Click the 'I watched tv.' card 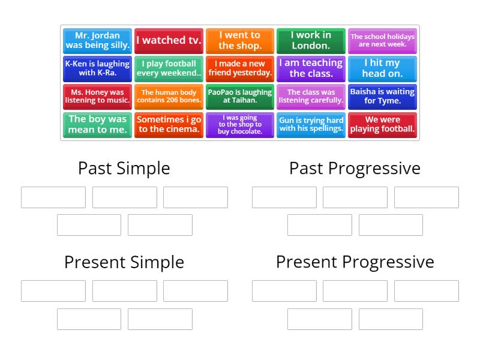(169, 41)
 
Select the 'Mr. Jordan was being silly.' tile (97, 41)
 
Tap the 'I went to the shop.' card (239, 41)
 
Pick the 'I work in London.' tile (311, 41)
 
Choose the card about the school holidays (382, 41)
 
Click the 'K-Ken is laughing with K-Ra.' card (97, 68)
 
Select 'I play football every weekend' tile (169, 68)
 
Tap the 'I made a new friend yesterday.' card (239, 68)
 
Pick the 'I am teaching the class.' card (311, 68)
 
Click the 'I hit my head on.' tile (382, 68)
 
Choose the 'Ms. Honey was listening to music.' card (97, 97)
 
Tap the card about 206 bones (169, 97)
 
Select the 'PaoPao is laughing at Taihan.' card (239, 97)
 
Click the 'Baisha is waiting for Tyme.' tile (382, 97)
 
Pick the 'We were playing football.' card (382, 125)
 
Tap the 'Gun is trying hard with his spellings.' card (311, 125)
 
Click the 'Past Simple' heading (124, 168)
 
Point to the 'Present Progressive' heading (355, 262)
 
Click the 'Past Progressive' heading (355, 168)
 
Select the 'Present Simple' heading (124, 262)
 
